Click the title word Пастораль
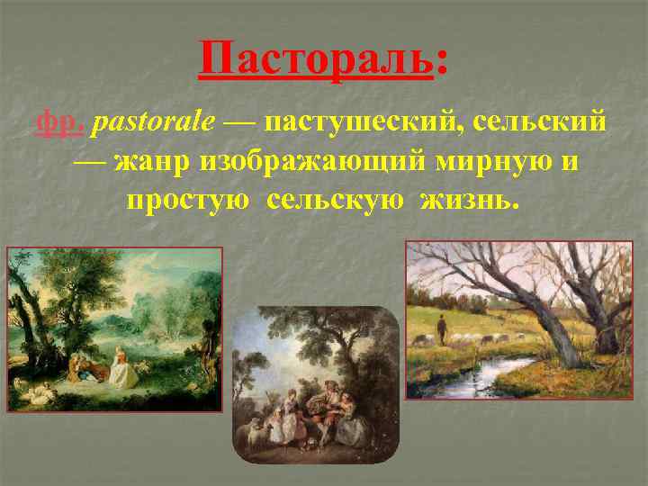coord(316,60)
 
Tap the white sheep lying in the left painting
coord(36,392)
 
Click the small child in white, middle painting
coord(289,418)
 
